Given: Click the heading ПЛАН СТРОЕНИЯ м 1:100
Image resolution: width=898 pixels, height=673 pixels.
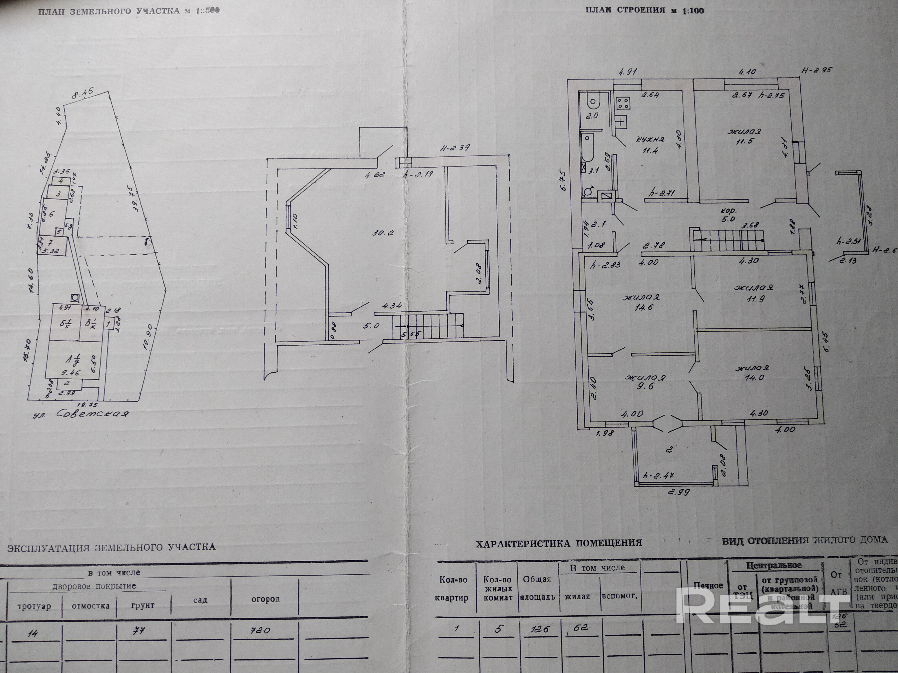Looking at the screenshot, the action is (x=645, y=11).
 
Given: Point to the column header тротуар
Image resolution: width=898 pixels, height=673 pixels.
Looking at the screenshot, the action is (x=35, y=606).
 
